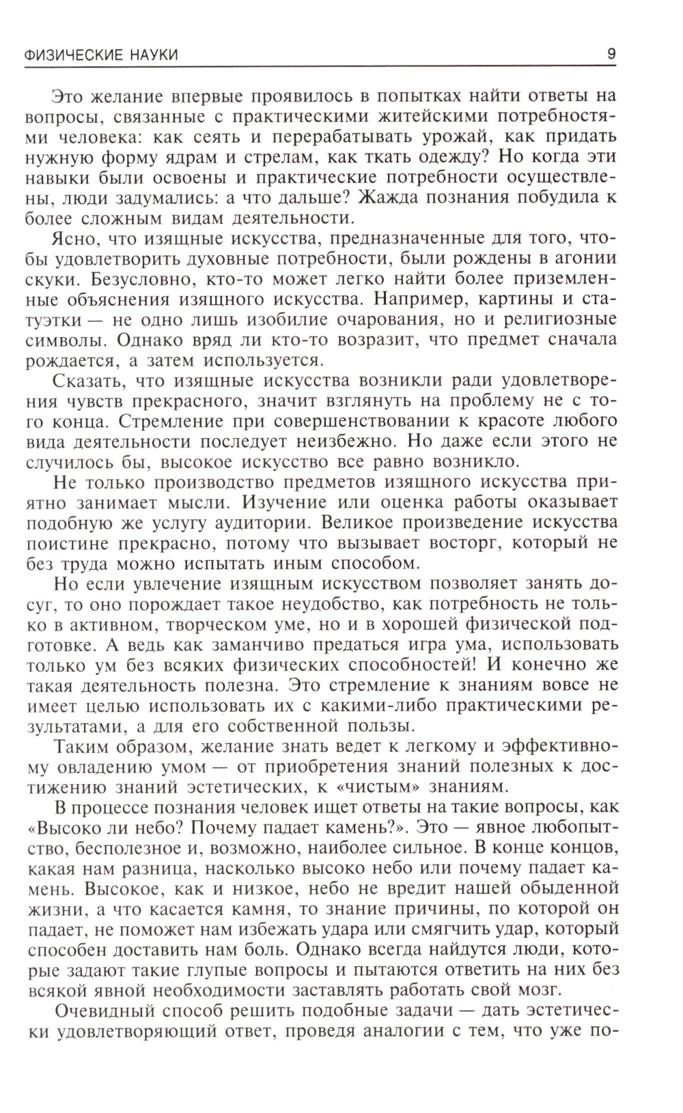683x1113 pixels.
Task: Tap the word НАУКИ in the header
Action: pyautogui.click(x=156, y=55)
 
